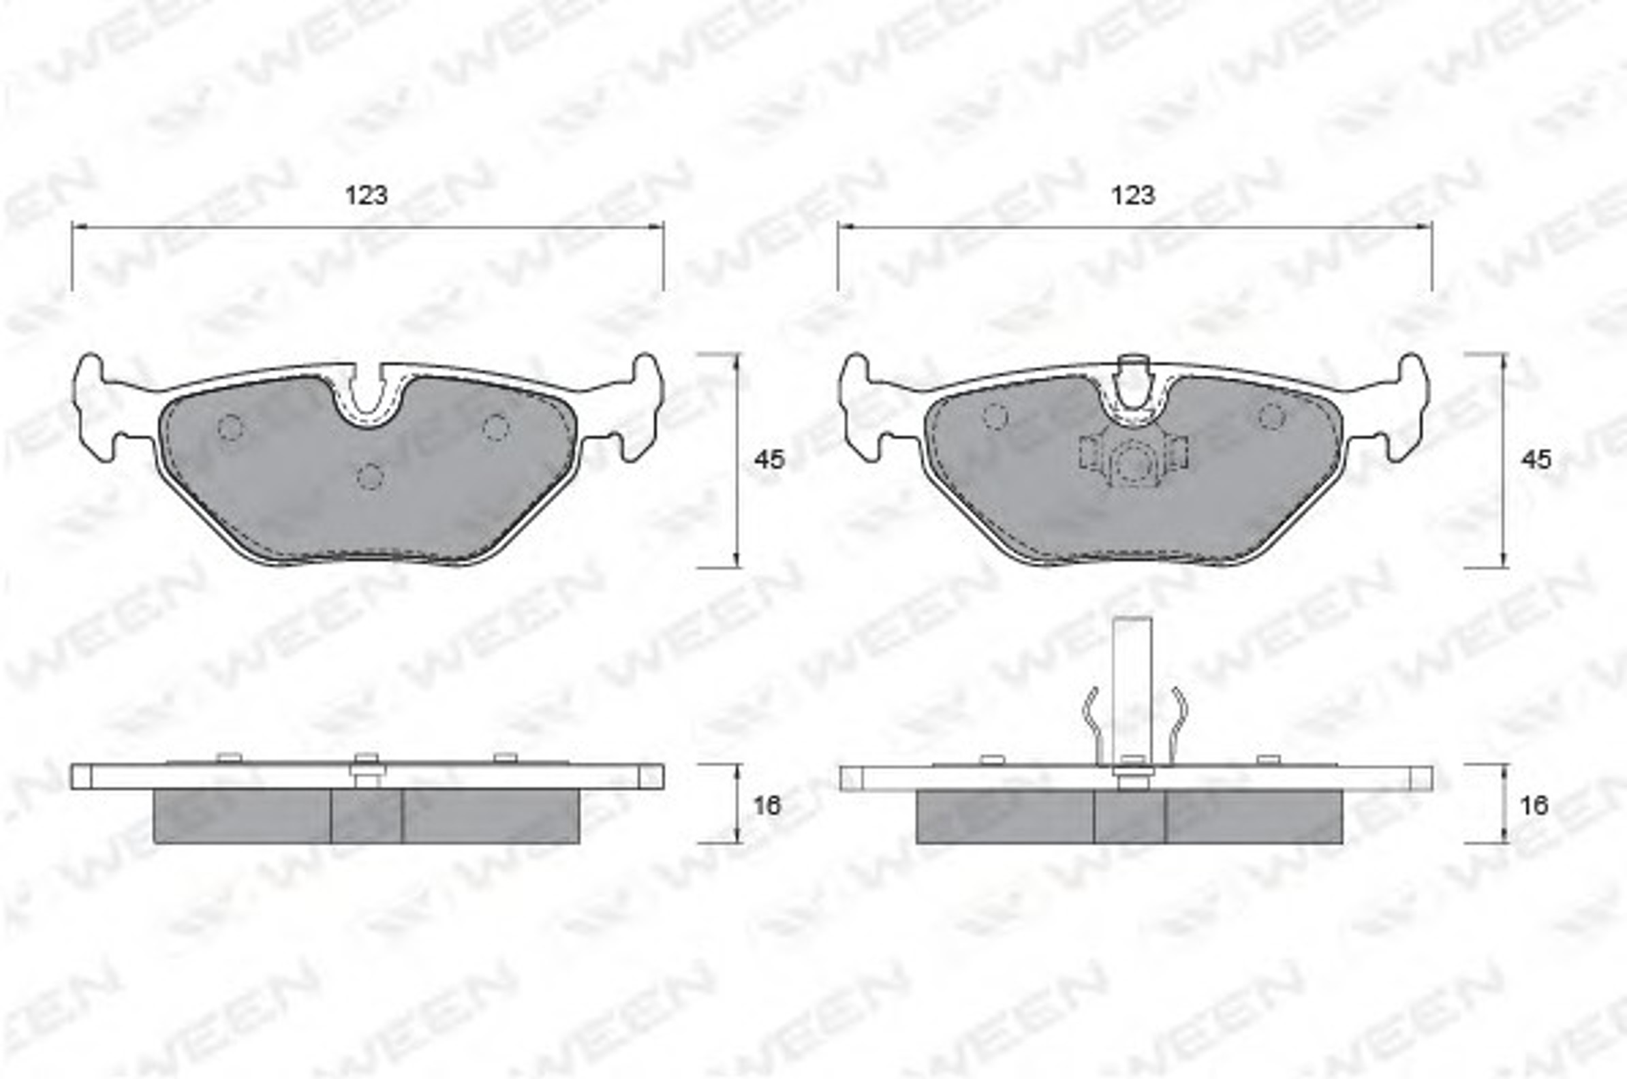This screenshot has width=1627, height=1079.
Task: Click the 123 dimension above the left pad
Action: point(366,196)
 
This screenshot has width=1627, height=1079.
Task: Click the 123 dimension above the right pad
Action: point(1133,196)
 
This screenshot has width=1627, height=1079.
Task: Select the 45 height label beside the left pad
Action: point(769,459)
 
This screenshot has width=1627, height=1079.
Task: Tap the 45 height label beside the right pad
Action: point(1536,459)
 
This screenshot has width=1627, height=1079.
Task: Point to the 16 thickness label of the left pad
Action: point(767,805)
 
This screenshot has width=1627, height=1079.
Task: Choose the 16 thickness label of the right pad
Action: point(1534,805)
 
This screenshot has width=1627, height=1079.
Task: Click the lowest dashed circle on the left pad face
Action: point(370,476)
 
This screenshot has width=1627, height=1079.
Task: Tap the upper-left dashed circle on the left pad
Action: point(230,428)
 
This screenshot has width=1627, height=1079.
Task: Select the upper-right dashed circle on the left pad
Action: point(495,427)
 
